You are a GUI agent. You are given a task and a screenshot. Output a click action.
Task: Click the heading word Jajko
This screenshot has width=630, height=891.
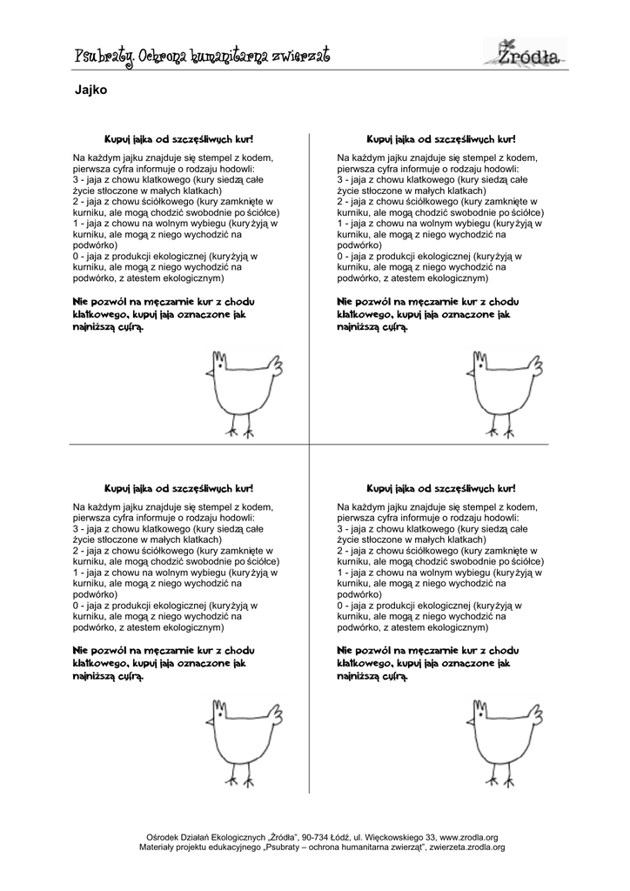point(91,90)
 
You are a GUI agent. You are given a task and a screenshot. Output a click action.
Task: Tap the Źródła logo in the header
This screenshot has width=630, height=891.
point(532,51)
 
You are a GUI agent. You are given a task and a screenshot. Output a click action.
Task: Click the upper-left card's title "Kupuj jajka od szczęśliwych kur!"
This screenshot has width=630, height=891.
point(179,139)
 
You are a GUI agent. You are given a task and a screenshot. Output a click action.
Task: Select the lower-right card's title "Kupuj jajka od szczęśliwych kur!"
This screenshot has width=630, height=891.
point(441,489)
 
